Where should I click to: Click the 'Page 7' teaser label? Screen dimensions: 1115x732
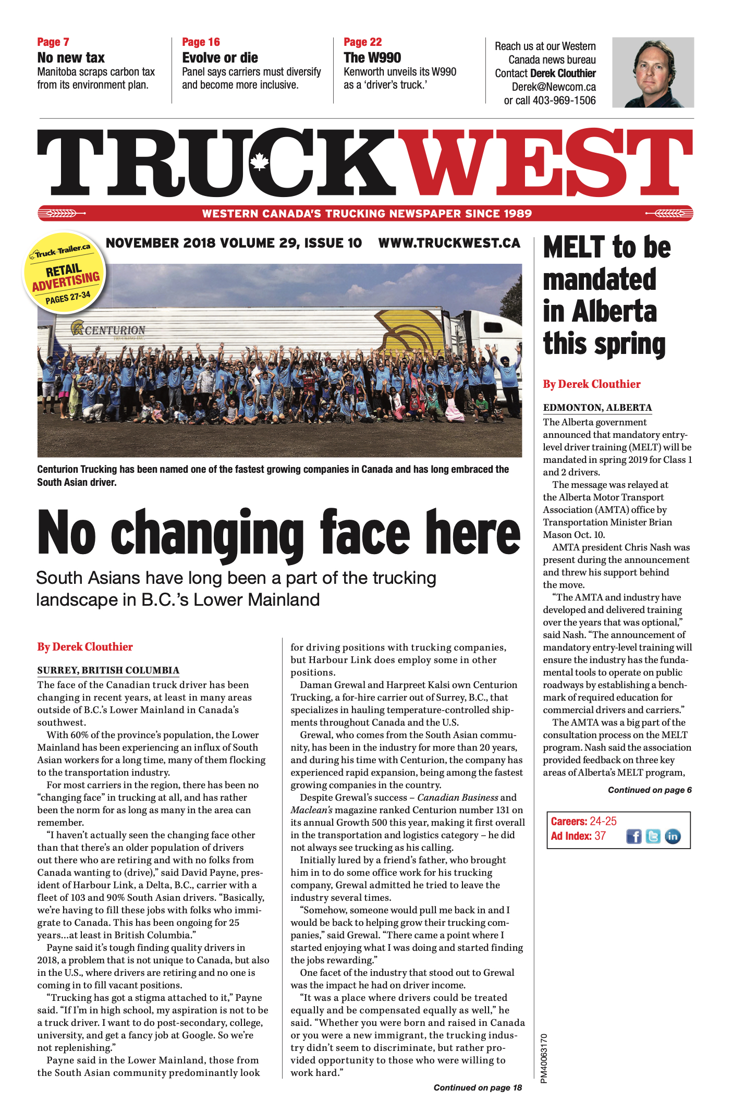point(53,42)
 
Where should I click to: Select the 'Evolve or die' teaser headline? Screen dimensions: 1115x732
point(220,58)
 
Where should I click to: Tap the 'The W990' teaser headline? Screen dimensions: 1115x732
point(372,58)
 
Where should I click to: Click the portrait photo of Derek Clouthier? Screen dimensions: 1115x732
point(653,72)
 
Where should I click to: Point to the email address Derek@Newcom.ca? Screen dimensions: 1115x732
point(553,87)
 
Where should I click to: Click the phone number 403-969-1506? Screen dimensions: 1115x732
point(564,101)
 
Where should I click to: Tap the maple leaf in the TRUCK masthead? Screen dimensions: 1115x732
point(259,162)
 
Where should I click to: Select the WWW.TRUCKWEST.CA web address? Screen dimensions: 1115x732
point(449,243)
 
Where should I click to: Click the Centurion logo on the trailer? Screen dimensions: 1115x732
point(108,329)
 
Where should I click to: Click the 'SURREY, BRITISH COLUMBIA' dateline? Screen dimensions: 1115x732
point(108,670)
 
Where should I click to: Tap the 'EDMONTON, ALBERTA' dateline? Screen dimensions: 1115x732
point(597,408)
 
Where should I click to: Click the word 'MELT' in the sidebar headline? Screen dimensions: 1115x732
point(574,247)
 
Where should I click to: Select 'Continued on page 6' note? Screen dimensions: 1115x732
point(650,790)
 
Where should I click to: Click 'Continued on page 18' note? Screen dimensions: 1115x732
point(478,1087)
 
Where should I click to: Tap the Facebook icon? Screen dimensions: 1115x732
point(633,836)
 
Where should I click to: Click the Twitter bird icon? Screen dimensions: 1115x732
point(653,836)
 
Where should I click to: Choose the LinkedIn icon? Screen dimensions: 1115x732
point(673,836)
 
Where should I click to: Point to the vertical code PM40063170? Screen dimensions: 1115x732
point(544,1058)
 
